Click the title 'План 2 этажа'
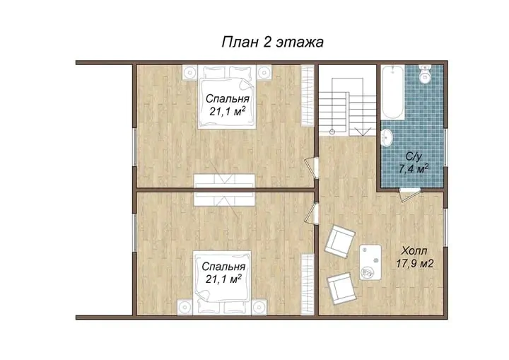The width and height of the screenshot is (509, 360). pyautogui.click(x=272, y=42)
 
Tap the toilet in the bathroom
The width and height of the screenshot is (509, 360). pyautogui.click(x=425, y=74)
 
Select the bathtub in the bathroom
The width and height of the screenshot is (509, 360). pyautogui.click(x=393, y=92)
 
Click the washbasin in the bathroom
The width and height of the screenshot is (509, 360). pyautogui.click(x=387, y=138)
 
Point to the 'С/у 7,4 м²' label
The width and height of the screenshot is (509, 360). pyautogui.click(x=414, y=163)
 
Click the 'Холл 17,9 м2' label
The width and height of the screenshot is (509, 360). pyautogui.click(x=414, y=257)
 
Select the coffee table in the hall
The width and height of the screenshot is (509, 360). pyautogui.click(x=370, y=262)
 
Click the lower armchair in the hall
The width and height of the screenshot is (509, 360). pyautogui.click(x=341, y=289)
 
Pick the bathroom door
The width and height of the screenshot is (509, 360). pyautogui.click(x=409, y=194)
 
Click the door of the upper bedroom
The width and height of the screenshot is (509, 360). pyautogui.click(x=310, y=168)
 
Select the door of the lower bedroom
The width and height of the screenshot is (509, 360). pyautogui.click(x=310, y=213)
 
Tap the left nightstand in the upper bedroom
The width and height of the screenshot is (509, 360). pyautogui.click(x=190, y=72)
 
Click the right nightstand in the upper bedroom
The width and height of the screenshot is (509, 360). pyautogui.click(x=264, y=72)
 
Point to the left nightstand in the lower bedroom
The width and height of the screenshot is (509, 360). pyautogui.click(x=185, y=308)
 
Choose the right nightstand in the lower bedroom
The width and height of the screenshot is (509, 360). pyautogui.click(x=259, y=308)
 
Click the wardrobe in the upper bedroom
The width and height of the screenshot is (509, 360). pyautogui.click(x=307, y=95)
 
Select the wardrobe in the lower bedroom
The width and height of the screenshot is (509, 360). pyautogui.click(x=307, y=284)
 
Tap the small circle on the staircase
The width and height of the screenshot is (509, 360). pyautogui.click(x=332, y=132)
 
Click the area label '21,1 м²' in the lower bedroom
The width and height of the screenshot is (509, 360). pyautogui.click(x=223, y=279)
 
